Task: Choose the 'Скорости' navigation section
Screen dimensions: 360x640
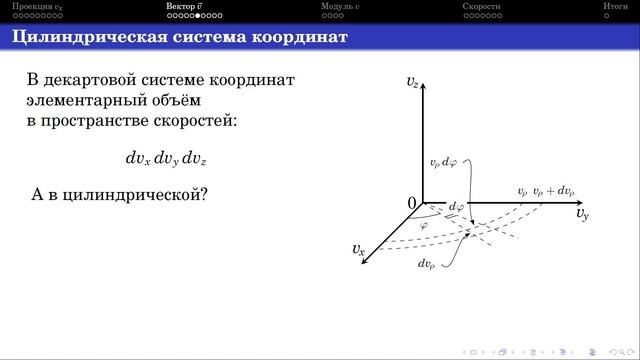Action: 481,7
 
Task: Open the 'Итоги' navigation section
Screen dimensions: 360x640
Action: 615,7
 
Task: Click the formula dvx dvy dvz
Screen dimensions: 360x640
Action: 166,158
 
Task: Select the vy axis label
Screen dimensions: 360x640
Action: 582,213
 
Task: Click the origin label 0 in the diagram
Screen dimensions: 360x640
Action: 411,204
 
